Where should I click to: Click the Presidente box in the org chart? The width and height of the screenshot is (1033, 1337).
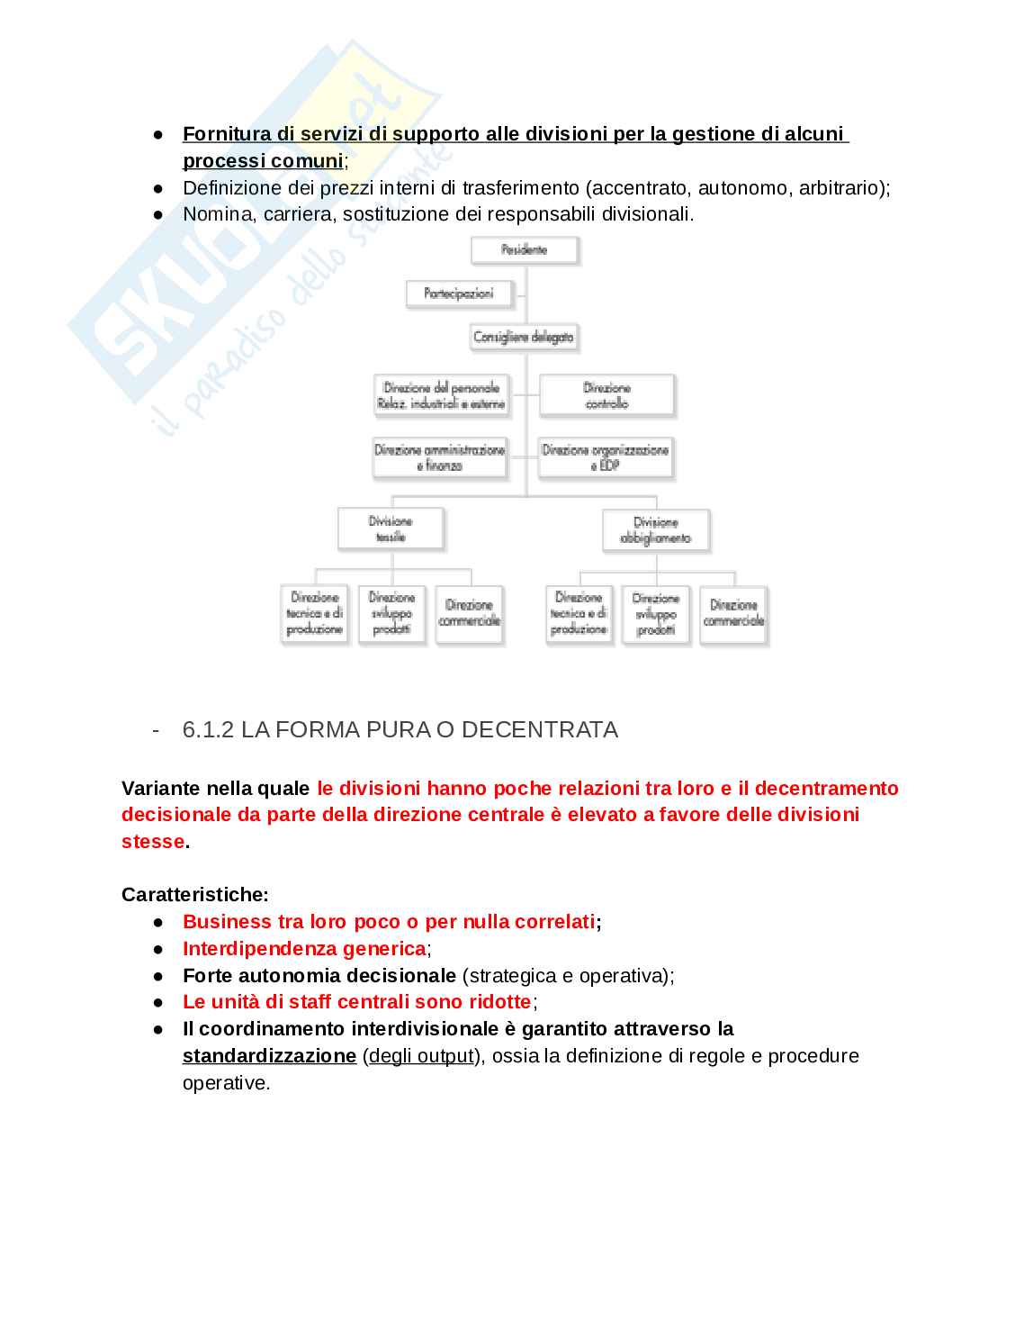[525, 249]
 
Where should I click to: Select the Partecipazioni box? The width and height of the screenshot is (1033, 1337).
[458, 294]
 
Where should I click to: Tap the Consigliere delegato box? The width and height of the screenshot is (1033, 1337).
[524, 337]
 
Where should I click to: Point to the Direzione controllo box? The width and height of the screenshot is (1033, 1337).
[606, 395]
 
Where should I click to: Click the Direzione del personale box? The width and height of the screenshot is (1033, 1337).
[441, 395]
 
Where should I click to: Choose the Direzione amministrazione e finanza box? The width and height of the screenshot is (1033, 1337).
[440, 456]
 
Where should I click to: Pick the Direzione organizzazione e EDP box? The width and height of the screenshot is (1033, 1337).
[606, 456]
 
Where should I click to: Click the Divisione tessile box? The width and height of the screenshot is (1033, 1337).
[391, 528]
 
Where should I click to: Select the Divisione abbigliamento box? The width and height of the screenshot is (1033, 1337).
[656, 529]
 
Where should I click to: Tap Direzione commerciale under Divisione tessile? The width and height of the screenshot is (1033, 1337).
[469, 613]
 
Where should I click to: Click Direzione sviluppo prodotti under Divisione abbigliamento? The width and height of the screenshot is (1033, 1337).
[656, 614]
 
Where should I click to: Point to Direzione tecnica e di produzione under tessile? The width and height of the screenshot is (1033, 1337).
[314, 613]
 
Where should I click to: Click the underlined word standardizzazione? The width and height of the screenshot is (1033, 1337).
[269, 1055]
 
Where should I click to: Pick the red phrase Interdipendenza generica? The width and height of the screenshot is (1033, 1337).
[304, 948]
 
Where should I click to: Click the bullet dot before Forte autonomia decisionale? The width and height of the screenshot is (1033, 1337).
[158, 975]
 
